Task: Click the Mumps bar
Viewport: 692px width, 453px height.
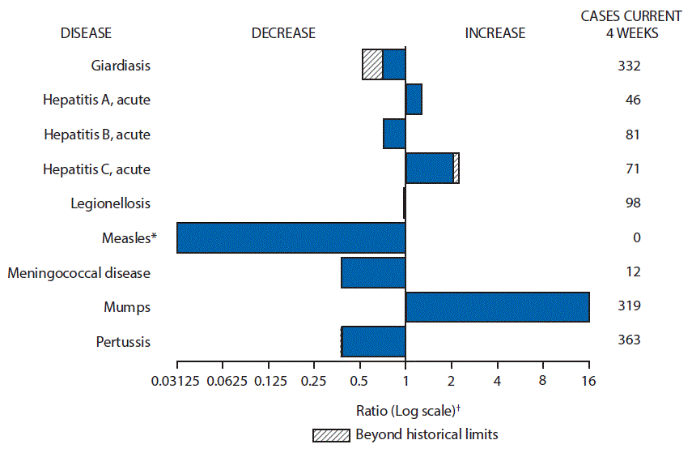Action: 497,307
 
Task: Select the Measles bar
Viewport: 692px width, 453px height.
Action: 291,237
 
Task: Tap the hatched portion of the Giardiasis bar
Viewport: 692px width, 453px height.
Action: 372,65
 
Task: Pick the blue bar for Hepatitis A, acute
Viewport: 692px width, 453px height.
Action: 414,100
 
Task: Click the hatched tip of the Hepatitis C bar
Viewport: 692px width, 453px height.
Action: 456,169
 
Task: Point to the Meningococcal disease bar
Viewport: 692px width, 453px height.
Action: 373,272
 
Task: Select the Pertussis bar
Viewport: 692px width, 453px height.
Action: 374,341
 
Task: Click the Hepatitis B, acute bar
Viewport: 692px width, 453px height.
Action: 394,134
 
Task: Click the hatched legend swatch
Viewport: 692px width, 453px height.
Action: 333,434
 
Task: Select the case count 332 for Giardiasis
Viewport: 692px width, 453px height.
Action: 627,66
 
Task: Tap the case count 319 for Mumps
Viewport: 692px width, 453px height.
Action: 627,306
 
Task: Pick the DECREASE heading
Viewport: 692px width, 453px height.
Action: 283,33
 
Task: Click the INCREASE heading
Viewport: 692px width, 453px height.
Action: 495,33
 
